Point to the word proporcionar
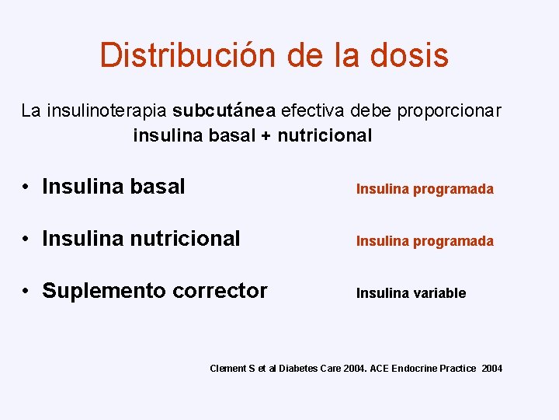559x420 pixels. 450,110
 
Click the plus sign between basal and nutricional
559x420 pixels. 266,136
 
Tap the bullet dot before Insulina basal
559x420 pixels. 26,187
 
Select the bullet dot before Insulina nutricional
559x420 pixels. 26,240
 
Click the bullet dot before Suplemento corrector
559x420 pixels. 26,292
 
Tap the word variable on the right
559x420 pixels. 439,293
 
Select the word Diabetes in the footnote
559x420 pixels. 298,368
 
